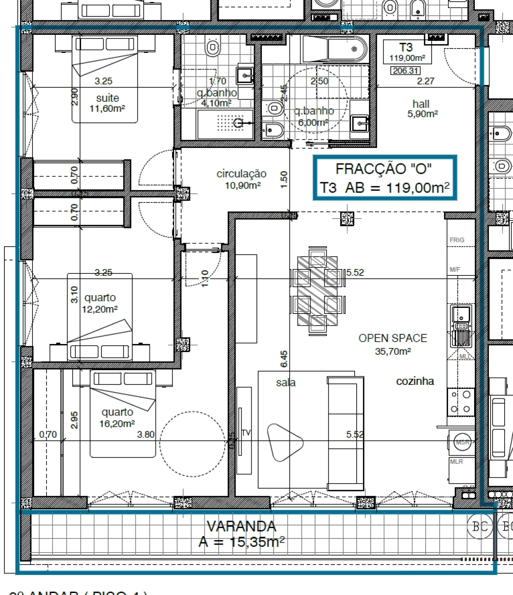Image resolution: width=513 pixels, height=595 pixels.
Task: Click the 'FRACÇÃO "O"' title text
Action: coord(383,169)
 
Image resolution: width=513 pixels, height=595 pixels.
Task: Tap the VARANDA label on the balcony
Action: coord(241,526)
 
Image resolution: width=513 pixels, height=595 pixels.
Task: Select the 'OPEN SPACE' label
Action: coord(392,338)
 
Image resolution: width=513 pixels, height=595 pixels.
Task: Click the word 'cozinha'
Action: coord(415,381)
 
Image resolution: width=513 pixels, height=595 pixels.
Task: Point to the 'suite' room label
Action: coord(107,98)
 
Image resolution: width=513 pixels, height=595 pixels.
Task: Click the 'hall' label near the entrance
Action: coord(421,104)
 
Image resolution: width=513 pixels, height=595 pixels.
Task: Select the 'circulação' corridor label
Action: coord(241,174)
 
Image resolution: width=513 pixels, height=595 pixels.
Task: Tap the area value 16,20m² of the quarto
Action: coord(117,424)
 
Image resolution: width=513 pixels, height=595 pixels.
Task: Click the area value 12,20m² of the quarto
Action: coord(100,310)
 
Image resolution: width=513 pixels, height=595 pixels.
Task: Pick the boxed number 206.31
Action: coord(406,71)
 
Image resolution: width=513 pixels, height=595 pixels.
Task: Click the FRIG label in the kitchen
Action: coord(457,240)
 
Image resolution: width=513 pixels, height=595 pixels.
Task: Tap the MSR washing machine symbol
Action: coord(462,442)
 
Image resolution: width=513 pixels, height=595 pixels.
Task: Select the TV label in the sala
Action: coord(246,433)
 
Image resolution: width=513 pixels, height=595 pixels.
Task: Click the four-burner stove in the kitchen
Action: coord(461,402)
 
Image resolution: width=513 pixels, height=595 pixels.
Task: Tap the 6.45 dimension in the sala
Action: coord(284,359)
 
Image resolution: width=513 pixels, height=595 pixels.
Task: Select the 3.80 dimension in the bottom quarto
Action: coord(145,434)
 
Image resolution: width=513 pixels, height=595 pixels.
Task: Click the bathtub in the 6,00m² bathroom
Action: coord(335,49)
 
